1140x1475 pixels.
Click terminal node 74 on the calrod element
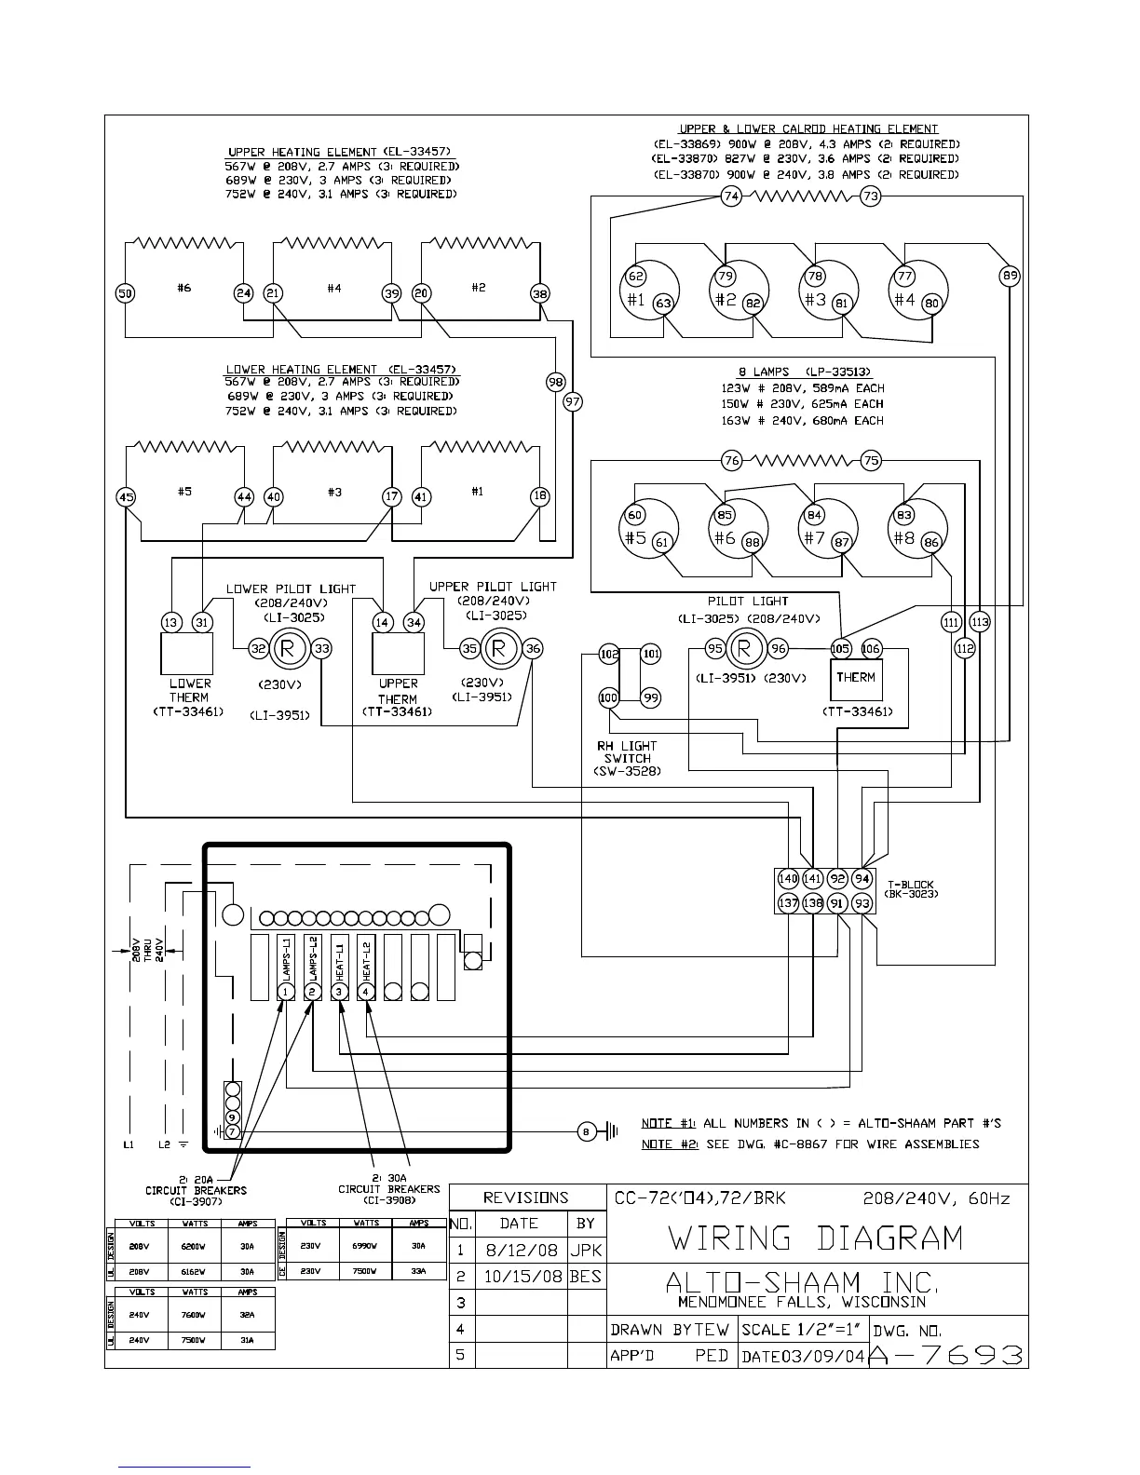[x=731, y=196]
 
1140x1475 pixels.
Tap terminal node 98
[x=556, y=381]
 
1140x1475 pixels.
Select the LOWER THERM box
[x=187, y=654]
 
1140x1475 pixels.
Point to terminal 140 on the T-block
[x=788, y=878]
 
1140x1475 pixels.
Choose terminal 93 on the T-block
[x=862, y=902]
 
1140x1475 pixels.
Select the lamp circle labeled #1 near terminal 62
[x=649, y=291]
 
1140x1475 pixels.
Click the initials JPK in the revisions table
[x=586, y=1250]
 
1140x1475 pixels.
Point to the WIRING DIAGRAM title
[x=815, y=1238]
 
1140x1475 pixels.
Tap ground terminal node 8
[x=586, y=1131]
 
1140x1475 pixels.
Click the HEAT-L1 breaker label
[x=340, y=960]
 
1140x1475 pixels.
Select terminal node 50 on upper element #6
[x=126, y=293]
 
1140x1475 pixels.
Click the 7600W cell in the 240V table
[x=195, y=1315]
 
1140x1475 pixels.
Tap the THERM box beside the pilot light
[x=855, y=679]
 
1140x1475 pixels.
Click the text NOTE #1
[x=669, y=1123]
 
